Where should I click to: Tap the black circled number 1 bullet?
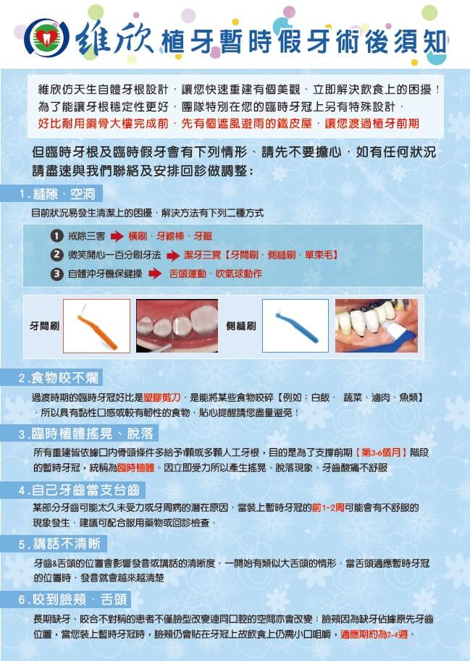[x=56, y=236]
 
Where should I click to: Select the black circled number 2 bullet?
[x=56, y=255]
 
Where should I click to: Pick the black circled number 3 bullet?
[x=56, y=274]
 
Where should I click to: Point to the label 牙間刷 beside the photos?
[x=43, y=327]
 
